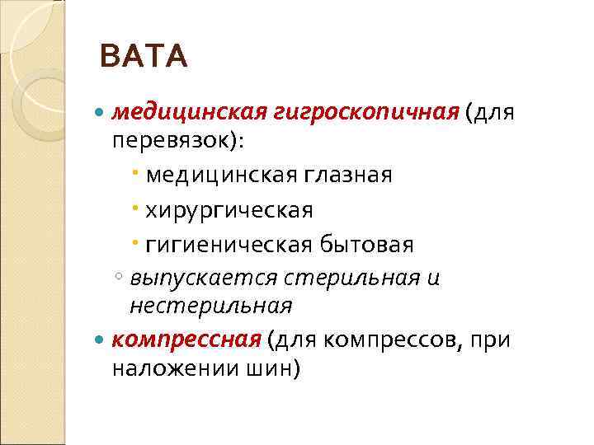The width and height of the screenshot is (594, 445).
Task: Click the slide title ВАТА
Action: coord(143,58)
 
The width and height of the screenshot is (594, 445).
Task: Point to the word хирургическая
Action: coord(229,210)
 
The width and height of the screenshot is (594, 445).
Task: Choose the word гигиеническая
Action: coord(228,245)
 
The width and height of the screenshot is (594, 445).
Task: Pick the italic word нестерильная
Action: coord(210,307)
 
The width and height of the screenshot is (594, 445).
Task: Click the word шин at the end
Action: coord(279,368)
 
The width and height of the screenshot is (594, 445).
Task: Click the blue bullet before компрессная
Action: coord(101,340)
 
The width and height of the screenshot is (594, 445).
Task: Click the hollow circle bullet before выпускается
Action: coord(120,279)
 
